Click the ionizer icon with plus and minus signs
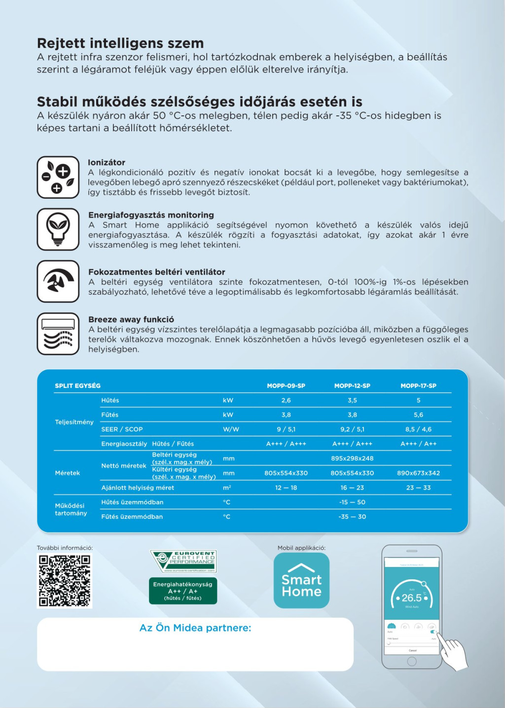tap(58, 177)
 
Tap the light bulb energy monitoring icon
tap(58, 229)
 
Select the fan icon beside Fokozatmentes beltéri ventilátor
tap(58, 281)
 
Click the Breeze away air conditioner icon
tap(58, 334)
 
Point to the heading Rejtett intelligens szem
tap(120, 43)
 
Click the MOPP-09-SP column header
tap(286, 386)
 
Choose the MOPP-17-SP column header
tap(418, 386)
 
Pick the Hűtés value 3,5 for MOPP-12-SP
tap(352, 400)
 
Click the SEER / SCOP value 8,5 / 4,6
tap(418, 429)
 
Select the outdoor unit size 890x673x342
tap(418, 473)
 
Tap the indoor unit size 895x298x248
tap(352, 459)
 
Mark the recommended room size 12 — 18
tap(286, 488)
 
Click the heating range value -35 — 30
tap(352, 517)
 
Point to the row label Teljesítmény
tap(74, 422)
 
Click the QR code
tap(65, 580)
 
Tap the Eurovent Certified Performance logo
tap(183, 561)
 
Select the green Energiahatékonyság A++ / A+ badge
tap(183, 591)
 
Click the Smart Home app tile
tap(301, 580)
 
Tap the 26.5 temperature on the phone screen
tap(412, 598)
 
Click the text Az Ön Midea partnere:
tap(195, 628)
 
